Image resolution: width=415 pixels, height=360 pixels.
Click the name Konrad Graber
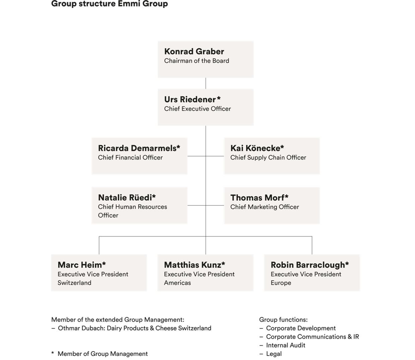click(x=194, y=52)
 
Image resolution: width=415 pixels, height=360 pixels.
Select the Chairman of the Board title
click(x=196, y=61)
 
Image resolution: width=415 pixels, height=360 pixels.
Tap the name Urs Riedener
click(x=190, y=99)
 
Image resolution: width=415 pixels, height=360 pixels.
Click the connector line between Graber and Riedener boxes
click(x=206, y=83)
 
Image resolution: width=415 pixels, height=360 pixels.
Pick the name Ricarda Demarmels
click(x=137, y=148)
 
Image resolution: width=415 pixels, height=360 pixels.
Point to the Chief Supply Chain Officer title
click(x=268, y=158)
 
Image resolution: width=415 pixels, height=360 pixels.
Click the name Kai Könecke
click(x=255, y=148)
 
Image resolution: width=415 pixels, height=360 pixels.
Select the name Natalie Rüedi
click(x=125, y=198)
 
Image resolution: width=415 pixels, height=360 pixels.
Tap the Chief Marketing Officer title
click(x=264, y=207)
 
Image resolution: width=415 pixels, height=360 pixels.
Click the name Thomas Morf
click(x=257, y=198)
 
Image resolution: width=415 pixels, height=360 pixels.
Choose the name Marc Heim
click(x=80, y=265)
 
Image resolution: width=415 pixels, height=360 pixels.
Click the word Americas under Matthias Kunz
click(x=177, y=283)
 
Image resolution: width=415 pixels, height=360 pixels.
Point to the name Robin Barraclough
click(x=308, y=265)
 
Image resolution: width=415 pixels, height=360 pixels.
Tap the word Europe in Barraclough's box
click(x=281, y=283)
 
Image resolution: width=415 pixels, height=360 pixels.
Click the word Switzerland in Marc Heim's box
click(x=74, y=283)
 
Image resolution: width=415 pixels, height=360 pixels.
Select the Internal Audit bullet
click(x=285, y=345)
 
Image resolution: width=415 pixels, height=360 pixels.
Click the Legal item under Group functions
click(x=274, y=354)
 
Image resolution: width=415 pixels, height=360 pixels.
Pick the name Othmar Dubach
click(x=81, y=328)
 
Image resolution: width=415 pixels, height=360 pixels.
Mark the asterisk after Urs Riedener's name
click(x=219, y=98)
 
